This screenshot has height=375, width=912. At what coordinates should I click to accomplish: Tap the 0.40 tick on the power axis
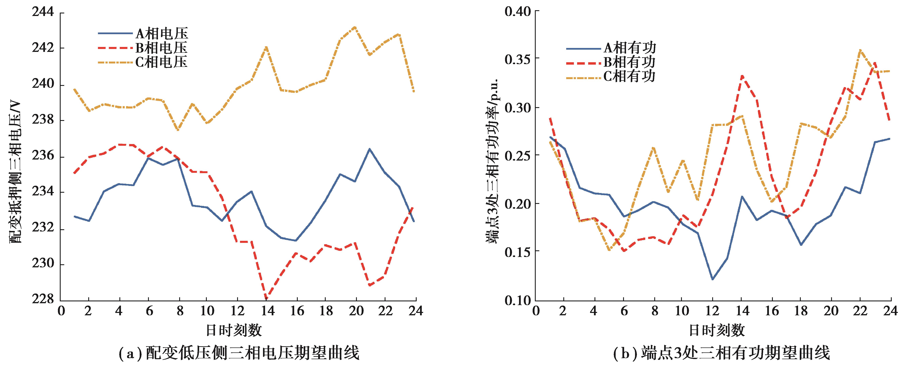518,12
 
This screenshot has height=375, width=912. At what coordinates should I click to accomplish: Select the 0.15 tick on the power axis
518,252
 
